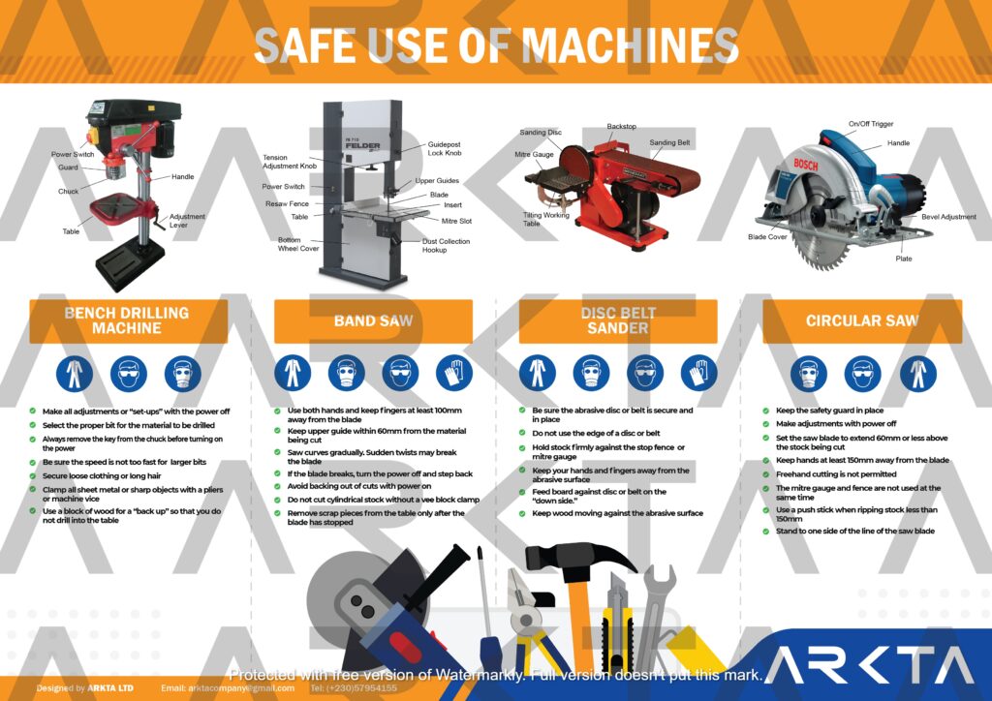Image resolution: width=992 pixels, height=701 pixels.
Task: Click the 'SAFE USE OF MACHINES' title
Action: [x=496, y=46]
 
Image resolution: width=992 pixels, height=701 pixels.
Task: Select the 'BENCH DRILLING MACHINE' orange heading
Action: [x=127, y=320]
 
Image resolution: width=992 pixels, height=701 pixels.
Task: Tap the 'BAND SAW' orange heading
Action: [x=373, y=320]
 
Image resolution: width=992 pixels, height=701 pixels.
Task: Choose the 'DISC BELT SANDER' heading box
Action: [x=618, y=320]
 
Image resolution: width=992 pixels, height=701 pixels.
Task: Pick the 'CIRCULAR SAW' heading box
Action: [x=862, y=320]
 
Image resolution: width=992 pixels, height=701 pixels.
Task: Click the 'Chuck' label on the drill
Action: [x=68, y=192]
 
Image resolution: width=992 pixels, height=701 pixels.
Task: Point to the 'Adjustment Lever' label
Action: [x=187, y=221]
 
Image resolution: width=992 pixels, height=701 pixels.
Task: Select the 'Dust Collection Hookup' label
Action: [x=447, y=245]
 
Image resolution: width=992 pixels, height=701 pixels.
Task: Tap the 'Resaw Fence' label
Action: [x=287, y=204]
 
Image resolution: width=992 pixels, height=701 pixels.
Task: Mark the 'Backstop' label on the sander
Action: [x=622, y=126]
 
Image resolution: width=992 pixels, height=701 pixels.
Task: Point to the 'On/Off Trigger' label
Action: [x=871, y=124]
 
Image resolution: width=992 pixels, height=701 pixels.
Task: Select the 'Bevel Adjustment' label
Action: [x=948, y=217]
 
